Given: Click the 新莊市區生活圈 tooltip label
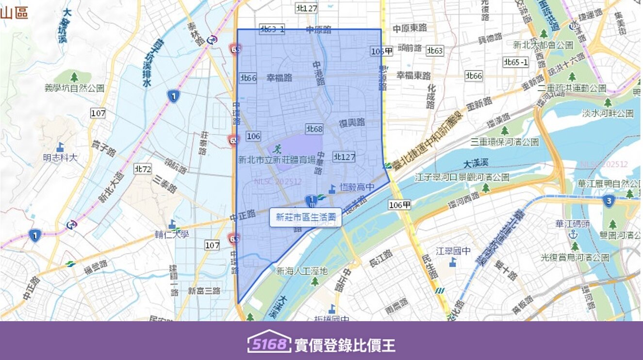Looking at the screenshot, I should [306, 217].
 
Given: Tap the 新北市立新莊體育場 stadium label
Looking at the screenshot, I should [277, 159].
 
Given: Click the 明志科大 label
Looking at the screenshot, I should [60, 158].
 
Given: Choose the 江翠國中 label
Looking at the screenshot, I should [453, 251].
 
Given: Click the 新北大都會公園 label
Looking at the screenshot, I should [543, 45].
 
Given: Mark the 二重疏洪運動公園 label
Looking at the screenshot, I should [572, 88].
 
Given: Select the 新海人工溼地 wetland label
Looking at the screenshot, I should [301, 271].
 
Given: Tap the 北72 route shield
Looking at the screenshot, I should [143, 169].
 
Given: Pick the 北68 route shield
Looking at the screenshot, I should [314, 129].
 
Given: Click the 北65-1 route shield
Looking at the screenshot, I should [515, 62].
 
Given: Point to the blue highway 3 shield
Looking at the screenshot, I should [609, 200].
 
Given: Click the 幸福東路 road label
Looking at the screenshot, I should [413, 76].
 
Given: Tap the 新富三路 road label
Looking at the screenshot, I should [204, 291].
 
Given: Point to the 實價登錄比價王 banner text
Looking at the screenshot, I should [345, 345].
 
